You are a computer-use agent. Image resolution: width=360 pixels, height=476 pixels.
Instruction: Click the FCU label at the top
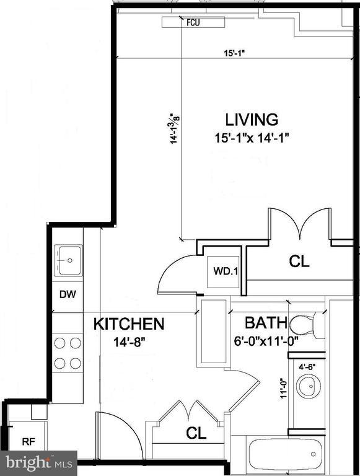[x=194, y=23]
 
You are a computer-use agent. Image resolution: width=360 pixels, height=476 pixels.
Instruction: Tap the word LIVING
[x=251, y=119]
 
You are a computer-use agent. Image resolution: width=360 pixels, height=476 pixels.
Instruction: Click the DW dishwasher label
[x=68, y=294]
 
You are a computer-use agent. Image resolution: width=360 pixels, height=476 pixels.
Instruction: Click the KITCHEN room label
[x=129, y=324]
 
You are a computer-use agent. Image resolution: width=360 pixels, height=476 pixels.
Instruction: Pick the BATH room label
[x=265, y=323]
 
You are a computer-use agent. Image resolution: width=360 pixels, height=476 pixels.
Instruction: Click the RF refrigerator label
[x=29, y=442]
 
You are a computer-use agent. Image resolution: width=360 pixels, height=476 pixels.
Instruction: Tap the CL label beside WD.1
[x=300, y=262]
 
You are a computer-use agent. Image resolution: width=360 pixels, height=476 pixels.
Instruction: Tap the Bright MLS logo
[x=39, y=462]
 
